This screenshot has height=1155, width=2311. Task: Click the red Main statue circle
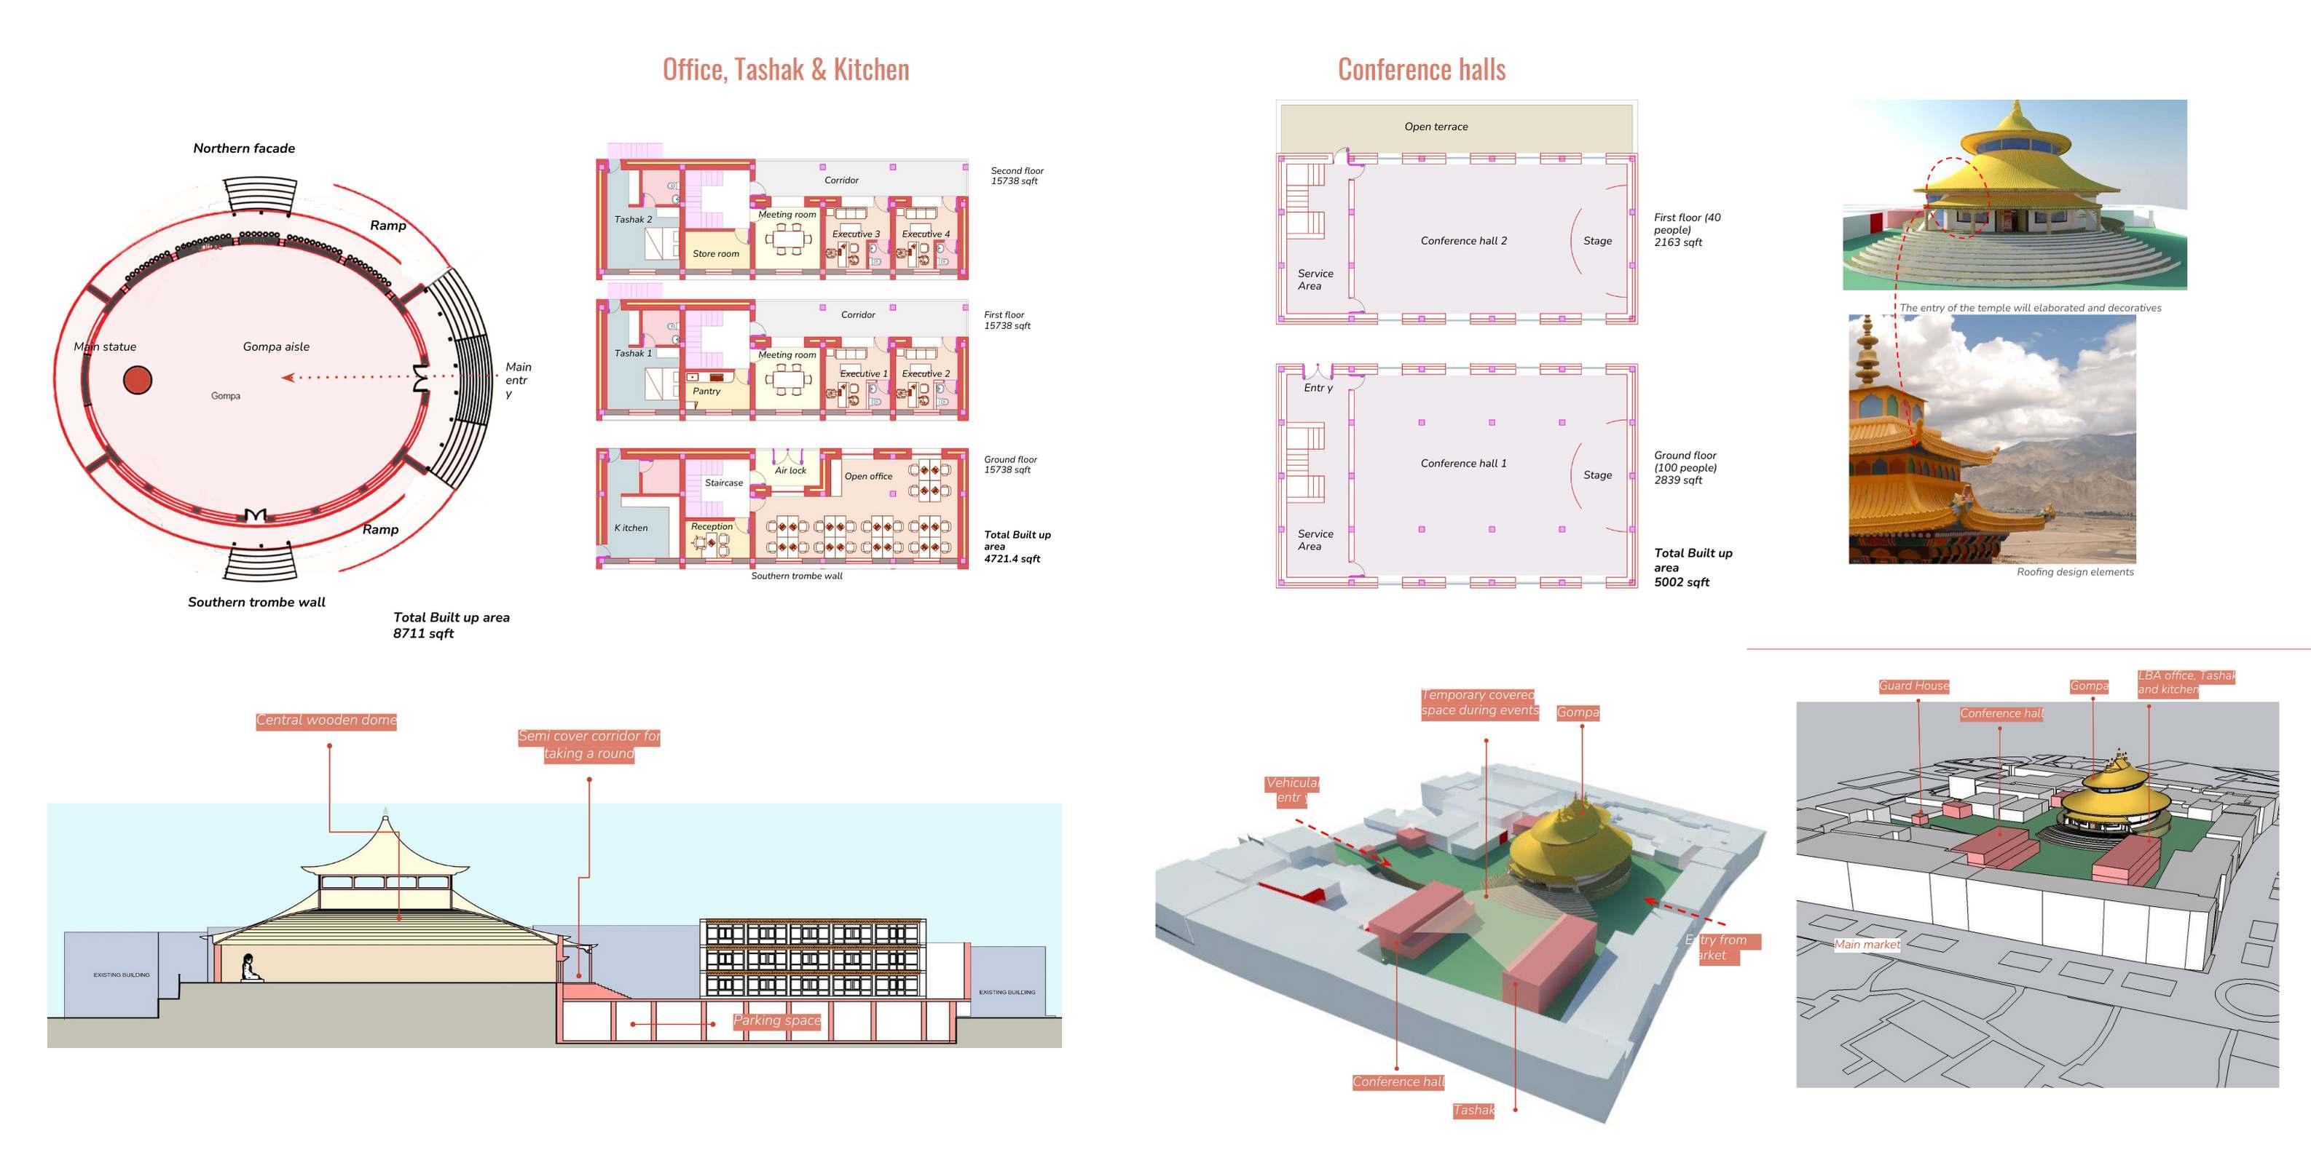(137, 379)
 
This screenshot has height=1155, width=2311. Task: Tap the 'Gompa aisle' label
(275, 346)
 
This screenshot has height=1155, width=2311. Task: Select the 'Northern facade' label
(244, 148)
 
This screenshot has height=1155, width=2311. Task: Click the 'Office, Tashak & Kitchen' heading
(785, 70)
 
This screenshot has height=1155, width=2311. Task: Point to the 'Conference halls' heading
(1421, 70)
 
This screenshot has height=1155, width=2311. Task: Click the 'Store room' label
(715, 254)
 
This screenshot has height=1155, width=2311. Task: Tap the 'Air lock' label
(790, 470)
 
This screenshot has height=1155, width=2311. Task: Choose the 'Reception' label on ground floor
(712, 526)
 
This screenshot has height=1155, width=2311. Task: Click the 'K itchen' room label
(631, 527)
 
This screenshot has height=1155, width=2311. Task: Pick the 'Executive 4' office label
(925, 234)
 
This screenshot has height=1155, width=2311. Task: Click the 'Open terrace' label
(1436, 127)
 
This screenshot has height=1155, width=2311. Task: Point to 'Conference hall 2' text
(1463, 240)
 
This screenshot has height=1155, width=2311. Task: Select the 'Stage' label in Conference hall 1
(1597, 475)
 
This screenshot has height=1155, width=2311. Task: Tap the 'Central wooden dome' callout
(326, 720)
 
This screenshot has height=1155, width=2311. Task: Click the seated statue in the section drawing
(251, 969)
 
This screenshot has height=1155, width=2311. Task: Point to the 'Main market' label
(1866, 944)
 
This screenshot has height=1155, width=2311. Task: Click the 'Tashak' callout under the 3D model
(1473, 1110)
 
